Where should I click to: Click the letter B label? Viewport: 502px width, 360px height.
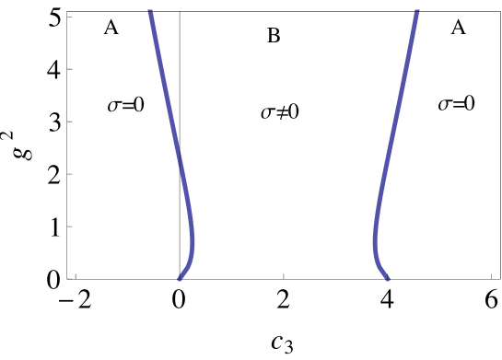[x=274, y=36]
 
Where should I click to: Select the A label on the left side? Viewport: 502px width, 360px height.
[x=111, y=27]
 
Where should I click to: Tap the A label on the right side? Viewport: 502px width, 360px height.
[x=458, y=27]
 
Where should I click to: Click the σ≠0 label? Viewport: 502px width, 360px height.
[x=280, y=112]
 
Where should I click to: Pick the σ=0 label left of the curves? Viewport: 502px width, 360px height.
[x=126, y=105]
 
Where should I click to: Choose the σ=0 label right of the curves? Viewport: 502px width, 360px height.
[x=456, y=104]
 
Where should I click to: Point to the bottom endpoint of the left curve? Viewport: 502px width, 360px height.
[x=180, y=278]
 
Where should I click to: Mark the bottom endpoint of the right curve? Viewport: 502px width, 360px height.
[x=387, y=278]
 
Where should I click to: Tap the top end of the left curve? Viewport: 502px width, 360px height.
[x=149, y=11]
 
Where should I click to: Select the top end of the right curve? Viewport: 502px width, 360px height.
[x=417, y=11]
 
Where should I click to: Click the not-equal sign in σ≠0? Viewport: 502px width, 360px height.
[x=281, y=112]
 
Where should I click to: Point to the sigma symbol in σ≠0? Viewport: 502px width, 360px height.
[x=268, y=113]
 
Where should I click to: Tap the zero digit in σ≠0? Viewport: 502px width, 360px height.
[x=294, y=112]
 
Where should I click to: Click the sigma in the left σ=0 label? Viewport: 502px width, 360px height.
[x=114, y=106]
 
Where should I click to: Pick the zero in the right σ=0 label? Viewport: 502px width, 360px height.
[x=469, y=104]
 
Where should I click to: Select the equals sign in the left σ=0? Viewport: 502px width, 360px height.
[x=127, y=105]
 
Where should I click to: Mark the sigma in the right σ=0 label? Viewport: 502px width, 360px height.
[x=444, y=105]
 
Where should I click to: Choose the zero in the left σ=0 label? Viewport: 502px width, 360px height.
[x=139, y=105]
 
